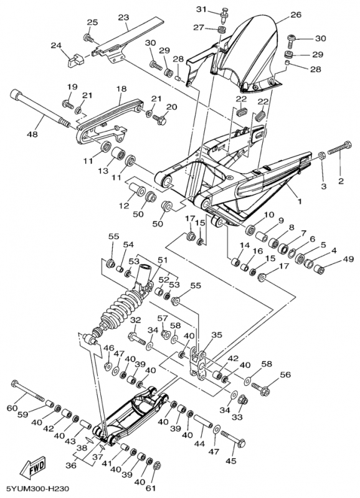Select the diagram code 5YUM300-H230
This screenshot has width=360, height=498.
(35, 488)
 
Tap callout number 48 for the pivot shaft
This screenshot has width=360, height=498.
(32, 134)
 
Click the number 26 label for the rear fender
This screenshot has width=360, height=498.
(296, 14)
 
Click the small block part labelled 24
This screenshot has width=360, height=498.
(75, 60)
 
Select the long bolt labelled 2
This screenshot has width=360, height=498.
(339, 149)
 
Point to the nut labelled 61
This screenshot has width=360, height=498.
(156, 466)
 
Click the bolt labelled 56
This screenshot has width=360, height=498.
(260, 388)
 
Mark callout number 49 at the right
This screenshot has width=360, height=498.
(348, 259)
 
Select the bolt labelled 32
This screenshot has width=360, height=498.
(137, 339)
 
